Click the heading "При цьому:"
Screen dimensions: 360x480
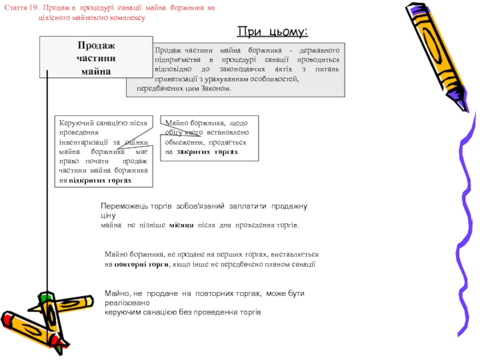pos(272,31)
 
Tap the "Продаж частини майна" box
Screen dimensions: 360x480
pos(96,58)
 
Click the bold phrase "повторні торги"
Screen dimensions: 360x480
pos(141,264)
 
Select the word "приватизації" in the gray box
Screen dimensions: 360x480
pos(175,79)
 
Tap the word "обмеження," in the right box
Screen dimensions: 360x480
pos(186,142)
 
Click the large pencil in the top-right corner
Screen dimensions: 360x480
pos(438,54)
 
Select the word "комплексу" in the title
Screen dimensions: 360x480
pos(127,18)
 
